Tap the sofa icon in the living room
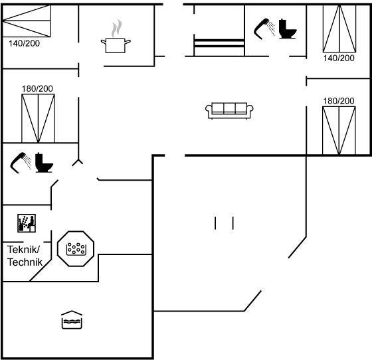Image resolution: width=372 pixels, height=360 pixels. coord(229,110)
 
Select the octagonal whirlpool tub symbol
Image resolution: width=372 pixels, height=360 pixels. coord(76,248)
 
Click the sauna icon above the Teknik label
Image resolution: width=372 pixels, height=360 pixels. coord(27,223)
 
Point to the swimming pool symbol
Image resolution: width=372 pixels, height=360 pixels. coord(72,319)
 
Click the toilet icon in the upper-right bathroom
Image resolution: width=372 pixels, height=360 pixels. coord(288,29)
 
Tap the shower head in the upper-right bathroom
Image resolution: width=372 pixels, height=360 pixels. coord(264,29)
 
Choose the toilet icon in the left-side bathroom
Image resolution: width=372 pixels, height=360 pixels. coord(44,163)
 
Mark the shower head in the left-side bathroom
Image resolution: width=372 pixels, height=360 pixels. coord(21,163)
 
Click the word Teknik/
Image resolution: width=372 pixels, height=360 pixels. coord(23,250)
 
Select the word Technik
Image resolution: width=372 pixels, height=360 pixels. coord(25,262)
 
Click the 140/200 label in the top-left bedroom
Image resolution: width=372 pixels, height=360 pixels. coord(24,43)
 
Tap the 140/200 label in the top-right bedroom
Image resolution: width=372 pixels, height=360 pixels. coord(339,58)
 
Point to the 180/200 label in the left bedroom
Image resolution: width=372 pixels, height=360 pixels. coord(37,89)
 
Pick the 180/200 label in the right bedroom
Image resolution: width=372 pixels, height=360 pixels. coord(339,101)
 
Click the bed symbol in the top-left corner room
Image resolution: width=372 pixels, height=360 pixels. coord(26,21)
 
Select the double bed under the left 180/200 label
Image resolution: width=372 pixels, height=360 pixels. coord(39,118)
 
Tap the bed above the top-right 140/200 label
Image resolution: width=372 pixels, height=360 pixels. coord(339,29)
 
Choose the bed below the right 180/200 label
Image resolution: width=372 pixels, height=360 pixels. coord(339,131)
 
